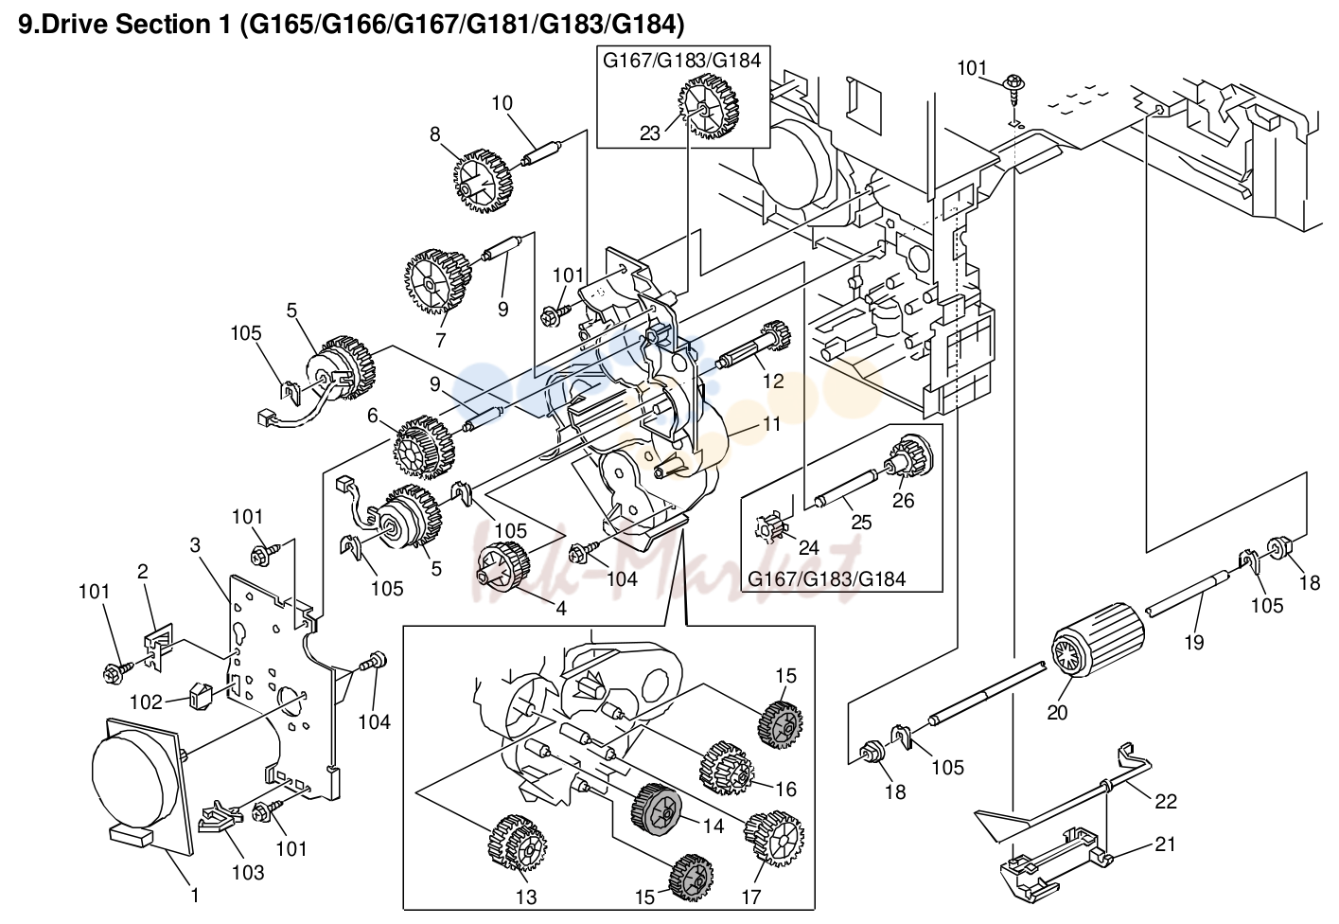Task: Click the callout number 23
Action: (650, 133)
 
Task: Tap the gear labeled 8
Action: (478, 181)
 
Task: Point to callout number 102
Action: (147, 702)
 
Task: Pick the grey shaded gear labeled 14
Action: (656, 809)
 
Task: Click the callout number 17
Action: (750, 897)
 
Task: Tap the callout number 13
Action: (526, 897)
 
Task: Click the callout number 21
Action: (1165, 844)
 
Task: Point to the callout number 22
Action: (1166, 801)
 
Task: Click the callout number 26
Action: (903, 500)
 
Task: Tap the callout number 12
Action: (773, 381)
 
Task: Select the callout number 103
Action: (248, 873)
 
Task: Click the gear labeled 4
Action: (503, 570)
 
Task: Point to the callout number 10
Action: (502, 103)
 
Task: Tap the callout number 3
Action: (195, 544)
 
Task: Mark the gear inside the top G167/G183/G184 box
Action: (709, 108)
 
